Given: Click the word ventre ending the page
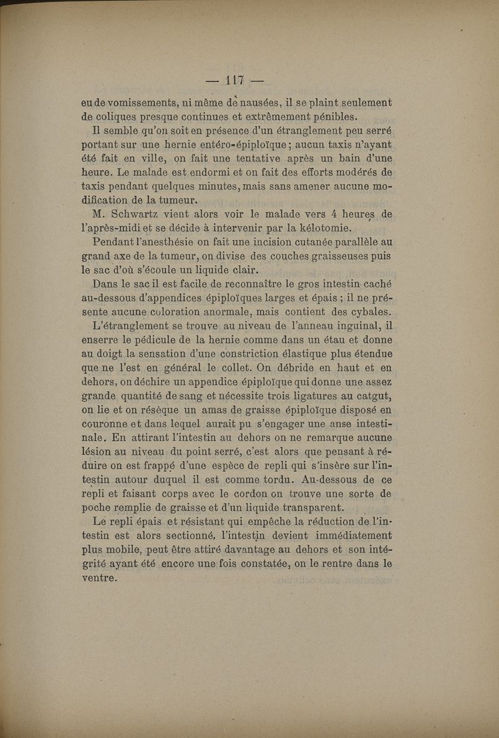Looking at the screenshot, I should tap(99, 578).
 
